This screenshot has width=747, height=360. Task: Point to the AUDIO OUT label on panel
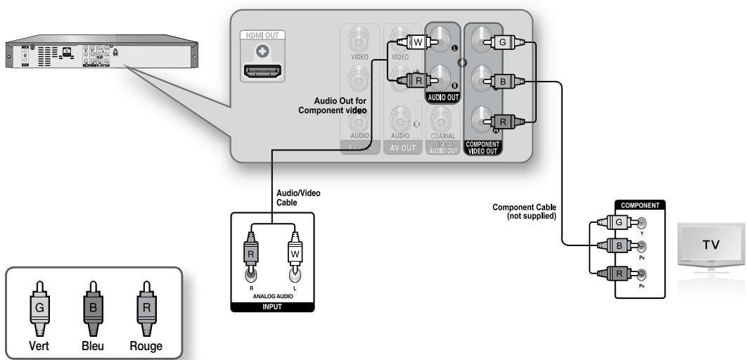(x=444, y=98)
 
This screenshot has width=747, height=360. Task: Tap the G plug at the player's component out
(x=505, y=42)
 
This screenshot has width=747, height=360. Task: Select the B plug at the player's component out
(x=505, y=82)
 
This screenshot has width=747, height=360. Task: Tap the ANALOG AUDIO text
(x=273, y=297)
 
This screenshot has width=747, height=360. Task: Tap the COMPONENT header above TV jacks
(x=639, y=205)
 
